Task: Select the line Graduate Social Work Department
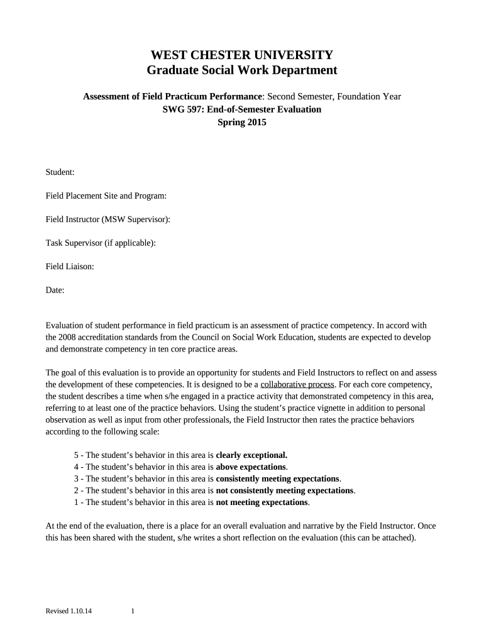click(242, 70)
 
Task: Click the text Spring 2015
click(242, 123)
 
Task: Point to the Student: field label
click(60, 172)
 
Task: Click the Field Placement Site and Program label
click(106, 196)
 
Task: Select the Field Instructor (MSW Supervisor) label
click(108, 219)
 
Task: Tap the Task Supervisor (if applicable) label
click(101, 243)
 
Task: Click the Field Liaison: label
click(70, 267)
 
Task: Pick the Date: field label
click(55, 290)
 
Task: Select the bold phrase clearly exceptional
click(251, 455)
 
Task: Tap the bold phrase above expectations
click(251, 467)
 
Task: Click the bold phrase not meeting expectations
click(262, 502)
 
